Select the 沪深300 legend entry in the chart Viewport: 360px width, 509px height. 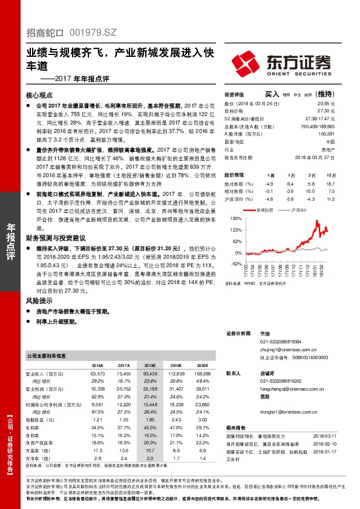pyautogui.click(x=296, y=210)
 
